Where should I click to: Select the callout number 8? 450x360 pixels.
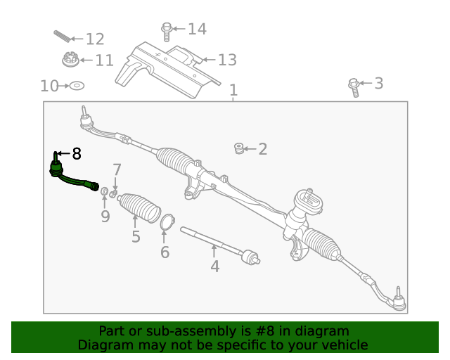[77, 153]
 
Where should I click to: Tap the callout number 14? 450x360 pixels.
[197, 29]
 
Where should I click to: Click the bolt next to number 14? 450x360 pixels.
[167, 32]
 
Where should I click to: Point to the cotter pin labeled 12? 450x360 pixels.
[62, 37]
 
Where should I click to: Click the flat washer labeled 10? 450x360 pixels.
[77, 86]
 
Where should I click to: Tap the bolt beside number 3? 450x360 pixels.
[354, 86]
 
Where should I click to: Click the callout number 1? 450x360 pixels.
[233, 91]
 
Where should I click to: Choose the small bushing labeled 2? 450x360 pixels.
[239, 148]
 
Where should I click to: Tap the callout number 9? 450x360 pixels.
[105, 217]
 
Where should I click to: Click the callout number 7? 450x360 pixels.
[117, 169]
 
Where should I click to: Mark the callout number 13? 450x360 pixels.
[226, 60]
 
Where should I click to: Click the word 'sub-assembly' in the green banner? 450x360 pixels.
[179, 331]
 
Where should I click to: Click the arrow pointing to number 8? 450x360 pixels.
[62, 153]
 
